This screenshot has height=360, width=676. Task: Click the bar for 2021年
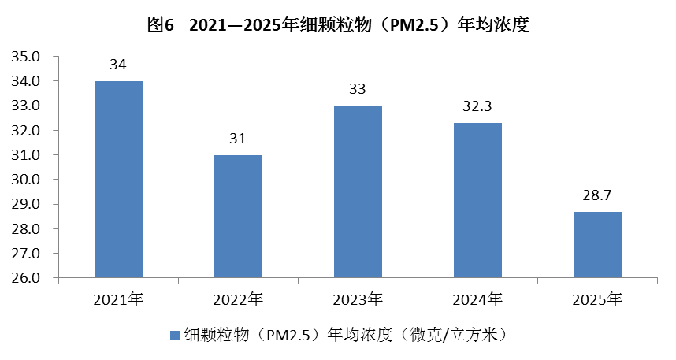[x=118, y=180]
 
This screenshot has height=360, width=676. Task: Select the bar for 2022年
[x=238, y=217]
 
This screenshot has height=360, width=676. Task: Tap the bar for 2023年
[x=358, y=191]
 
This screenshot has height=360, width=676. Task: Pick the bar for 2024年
[x=477, y=200]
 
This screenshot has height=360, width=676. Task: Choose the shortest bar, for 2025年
[x=597, y=245]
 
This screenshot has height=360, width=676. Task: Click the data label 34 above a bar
[x=118, y=65]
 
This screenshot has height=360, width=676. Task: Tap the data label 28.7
[x=597, y=195]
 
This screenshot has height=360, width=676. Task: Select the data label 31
[x=238, y=139]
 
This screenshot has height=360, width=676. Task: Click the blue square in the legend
[x=175, y=335]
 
